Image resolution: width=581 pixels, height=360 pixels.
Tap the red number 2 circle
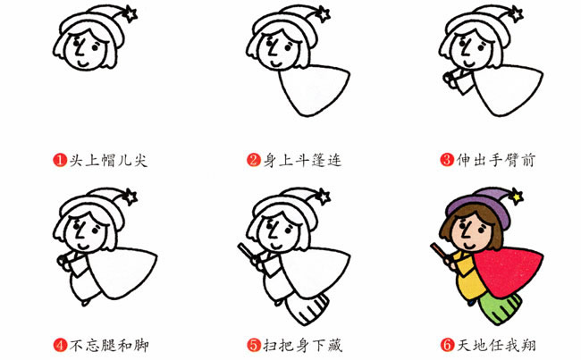[x=255, y=161]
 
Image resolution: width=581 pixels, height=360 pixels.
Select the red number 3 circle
[x=447, y=161]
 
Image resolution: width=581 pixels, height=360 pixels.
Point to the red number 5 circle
[x=255, y=344]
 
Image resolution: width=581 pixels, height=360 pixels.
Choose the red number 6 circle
[x=447, y=344]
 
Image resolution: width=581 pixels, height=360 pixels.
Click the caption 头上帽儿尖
[x=106, y=161]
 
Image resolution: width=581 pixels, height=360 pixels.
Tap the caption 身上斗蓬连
[x=301, y=161]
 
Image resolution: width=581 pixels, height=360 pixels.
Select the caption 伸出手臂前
[x=494, y=161]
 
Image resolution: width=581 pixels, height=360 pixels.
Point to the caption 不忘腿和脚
[x=106, y=344]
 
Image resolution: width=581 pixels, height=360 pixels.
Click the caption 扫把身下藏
[x=301, y=344]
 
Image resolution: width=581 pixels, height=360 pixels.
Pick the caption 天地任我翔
[x=494, y=344]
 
